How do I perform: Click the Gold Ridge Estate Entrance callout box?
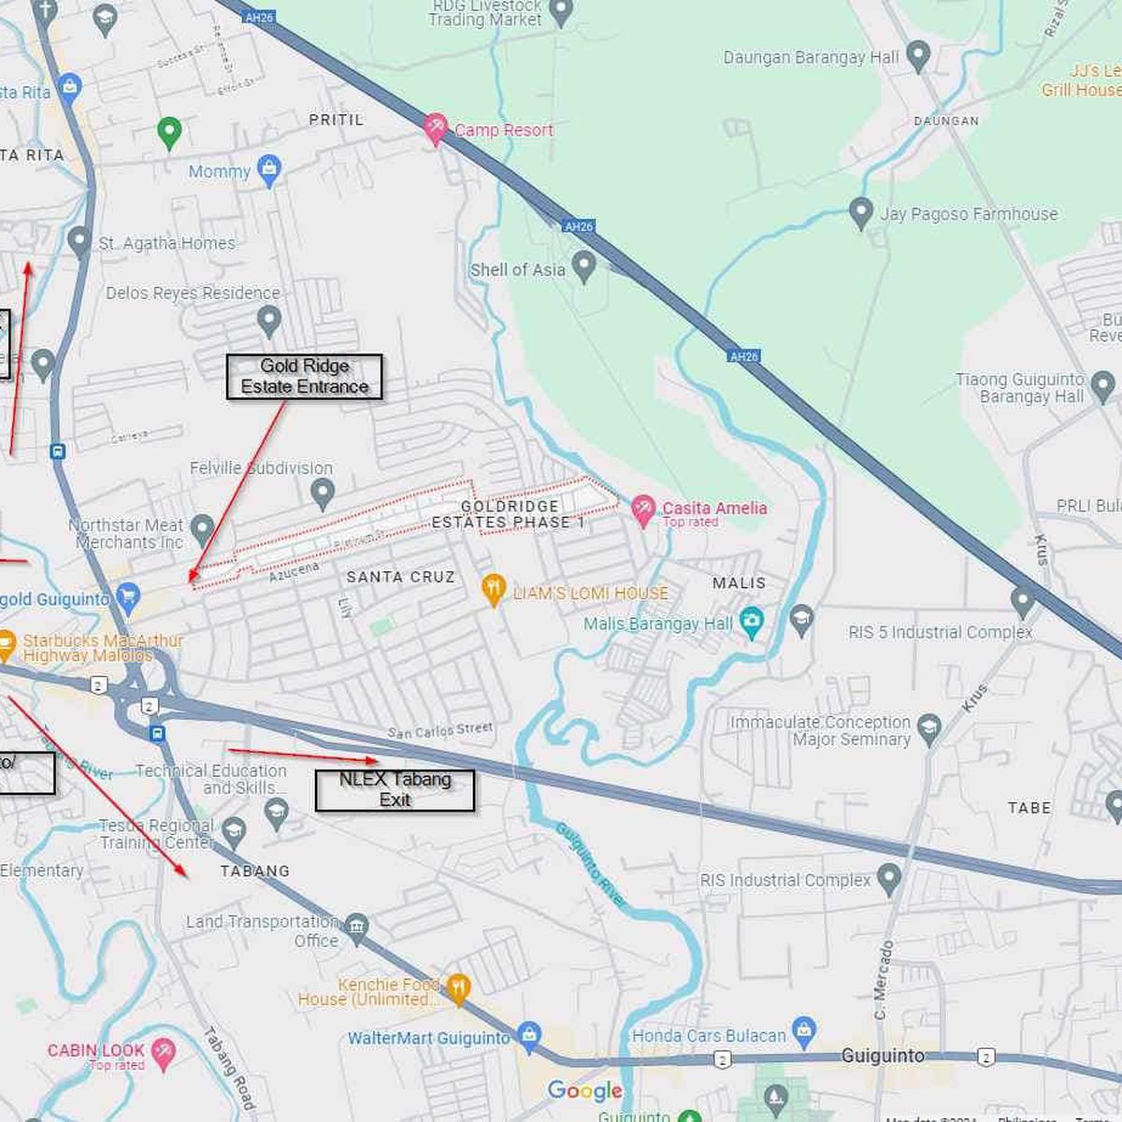[305, 377]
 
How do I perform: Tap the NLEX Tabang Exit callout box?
[395, 790]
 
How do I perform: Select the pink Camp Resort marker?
[435, 128]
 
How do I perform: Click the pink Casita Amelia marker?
[642, 509]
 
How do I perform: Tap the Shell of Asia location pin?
[584, 266]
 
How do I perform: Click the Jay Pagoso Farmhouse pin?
[861, 212]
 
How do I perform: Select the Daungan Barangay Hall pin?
[918, 56]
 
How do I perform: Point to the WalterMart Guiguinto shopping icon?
[529, 1035]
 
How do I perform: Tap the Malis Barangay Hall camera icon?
[752, 623]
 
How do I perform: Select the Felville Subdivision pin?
[323, 492]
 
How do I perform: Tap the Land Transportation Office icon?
[356, 927]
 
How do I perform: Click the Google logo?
[585, 1090]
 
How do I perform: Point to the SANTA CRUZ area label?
[400, 577]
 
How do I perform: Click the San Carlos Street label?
[439, 730]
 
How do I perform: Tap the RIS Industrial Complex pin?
[889, 878]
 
